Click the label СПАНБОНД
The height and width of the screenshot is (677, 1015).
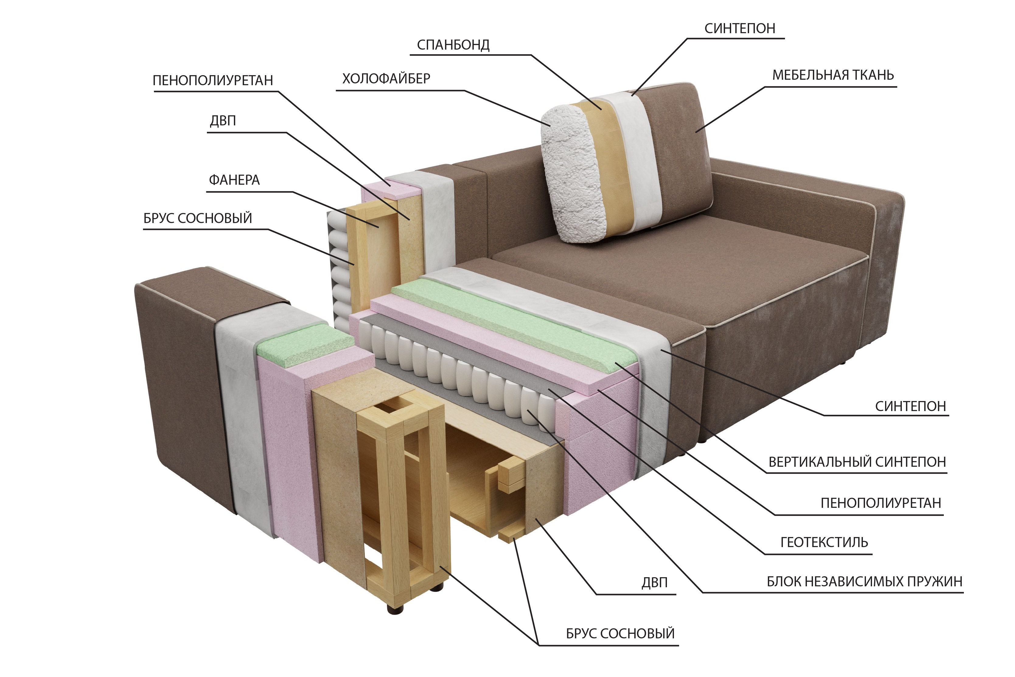click(x=453, y=45)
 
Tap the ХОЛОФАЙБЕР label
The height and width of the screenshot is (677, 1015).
click(x=386, y=79)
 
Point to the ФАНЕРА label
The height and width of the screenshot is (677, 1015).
click(x=234, y=180)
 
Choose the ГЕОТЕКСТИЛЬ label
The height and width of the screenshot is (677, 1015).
click(x=824, y=542)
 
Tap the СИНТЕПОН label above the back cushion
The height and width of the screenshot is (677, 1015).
click(x=740, y=29)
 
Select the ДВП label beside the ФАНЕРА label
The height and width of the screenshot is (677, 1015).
click(x=223, y=120)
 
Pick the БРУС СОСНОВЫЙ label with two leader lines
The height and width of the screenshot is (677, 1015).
click(x=620, y=633)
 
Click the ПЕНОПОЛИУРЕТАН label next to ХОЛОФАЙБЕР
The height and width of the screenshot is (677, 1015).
click(x=213, y=81)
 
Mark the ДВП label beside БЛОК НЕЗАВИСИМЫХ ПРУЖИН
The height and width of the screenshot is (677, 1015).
click(x=654, y=582)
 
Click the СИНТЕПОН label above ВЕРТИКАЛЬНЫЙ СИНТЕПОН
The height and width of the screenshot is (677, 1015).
click(x=910, y=406)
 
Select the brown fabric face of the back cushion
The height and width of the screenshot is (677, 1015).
click(x=678, y=151)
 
